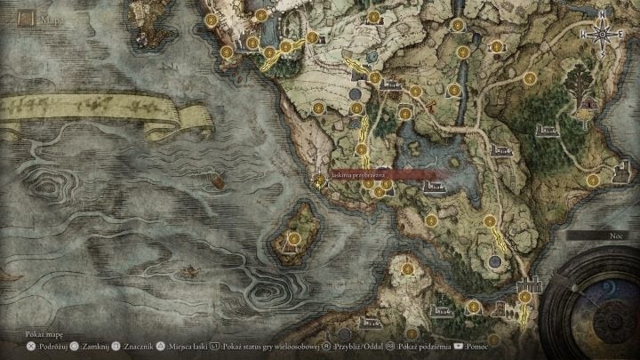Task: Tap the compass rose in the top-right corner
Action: click(x=603, y=35)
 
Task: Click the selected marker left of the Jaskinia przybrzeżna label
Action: click(x=319, y=180)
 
